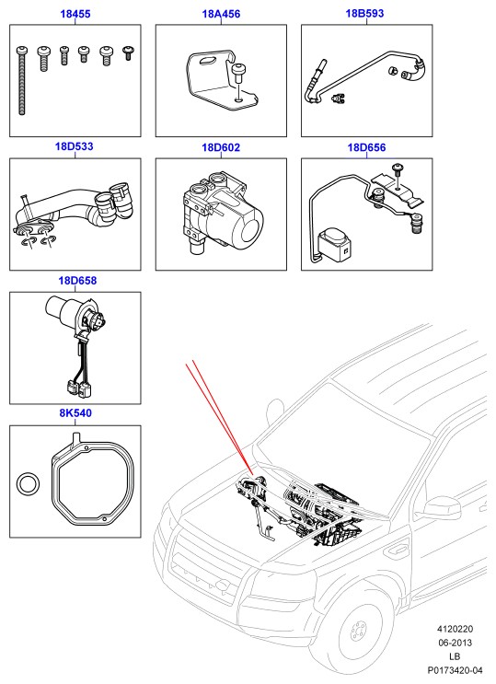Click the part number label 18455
(x=75, y=14)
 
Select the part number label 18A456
(x=221, y=14)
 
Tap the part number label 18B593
(x=364, y=14)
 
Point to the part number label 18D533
(x=75, y=146)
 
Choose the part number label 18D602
(x=221, y=147)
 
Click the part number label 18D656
(x=366, y=147)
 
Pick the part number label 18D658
(x=77, y=281)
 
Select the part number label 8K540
(x=75, y=412)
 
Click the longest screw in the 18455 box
(x=22, y=81)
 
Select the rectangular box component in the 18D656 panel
(x=335, y=245)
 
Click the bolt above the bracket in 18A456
(x=237, y=73)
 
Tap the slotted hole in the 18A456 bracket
(x=209, y=61)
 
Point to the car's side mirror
(x=442, y=508)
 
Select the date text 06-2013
(x=455, y=643)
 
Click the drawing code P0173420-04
(x=455, y=670)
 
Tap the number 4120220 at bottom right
(x=455, y=629)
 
